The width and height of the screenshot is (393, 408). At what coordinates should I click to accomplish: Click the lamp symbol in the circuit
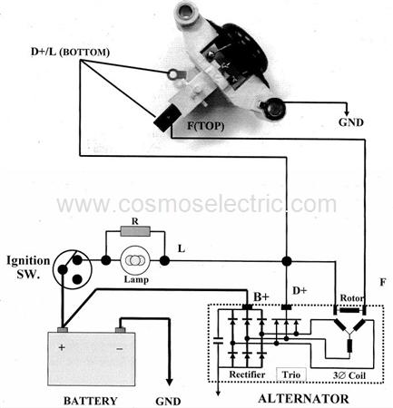(x=135, y=260)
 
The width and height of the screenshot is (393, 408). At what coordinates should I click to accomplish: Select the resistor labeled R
(x=135, y=231)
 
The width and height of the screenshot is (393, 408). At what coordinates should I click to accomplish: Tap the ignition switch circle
(x=72, y=269)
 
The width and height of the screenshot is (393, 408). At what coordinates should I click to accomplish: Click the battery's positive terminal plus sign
(x=62, y=347)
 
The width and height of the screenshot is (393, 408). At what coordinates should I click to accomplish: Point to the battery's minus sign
(x=120, y=349)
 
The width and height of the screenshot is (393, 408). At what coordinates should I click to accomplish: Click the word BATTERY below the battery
(x=90, y=401)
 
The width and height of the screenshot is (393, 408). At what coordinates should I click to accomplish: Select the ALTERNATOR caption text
(x=303, y=399)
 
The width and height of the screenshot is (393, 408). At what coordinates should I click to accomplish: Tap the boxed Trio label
(x=291, y=374)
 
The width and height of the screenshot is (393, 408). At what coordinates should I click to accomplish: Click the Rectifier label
(x=247, y=374)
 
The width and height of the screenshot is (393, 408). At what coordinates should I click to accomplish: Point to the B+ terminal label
(x=261, y=296)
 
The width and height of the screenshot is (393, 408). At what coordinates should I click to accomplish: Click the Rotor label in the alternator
(x=352, y=298)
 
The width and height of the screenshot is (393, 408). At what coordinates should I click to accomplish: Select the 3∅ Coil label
(x=349, y=375)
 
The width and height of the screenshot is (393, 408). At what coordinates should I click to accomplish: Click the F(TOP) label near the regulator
(x=206, y=125)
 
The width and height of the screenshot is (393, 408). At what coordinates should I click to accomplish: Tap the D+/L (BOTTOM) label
(x=70, y=52)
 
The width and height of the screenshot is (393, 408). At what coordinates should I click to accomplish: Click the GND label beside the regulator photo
(x=351, y=122)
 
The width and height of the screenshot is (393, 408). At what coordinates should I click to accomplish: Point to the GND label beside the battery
(x=168, y=401)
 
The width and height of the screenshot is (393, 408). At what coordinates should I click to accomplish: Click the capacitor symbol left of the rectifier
(x=218, y=341)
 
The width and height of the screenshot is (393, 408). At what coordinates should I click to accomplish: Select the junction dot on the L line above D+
(x=287, y=260)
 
